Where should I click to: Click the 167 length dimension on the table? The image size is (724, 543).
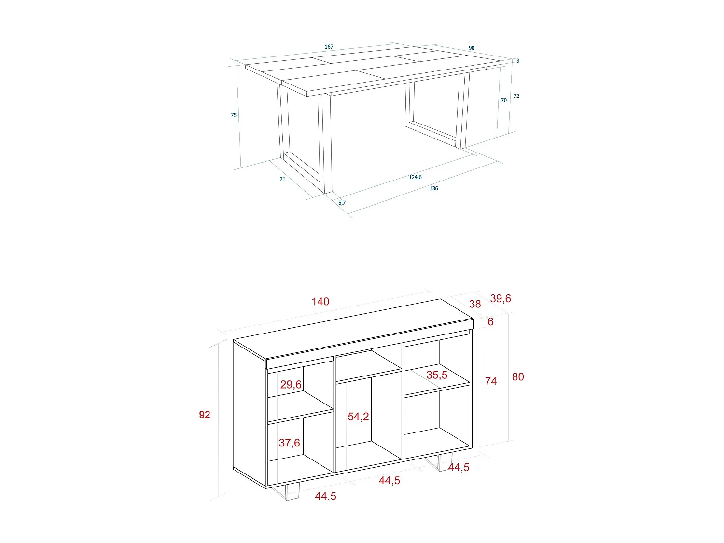coord(329,47)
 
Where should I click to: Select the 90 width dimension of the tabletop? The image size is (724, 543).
coord(472,48)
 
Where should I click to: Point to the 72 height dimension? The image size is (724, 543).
coord(516,96)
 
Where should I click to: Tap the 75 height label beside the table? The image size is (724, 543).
coord(234,115)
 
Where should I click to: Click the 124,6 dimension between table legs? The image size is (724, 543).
coord(415,177)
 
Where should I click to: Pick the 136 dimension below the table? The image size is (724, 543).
coord(433,188)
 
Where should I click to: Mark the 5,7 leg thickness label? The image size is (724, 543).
coord(342,203)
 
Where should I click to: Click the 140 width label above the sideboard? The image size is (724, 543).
coord(320,302)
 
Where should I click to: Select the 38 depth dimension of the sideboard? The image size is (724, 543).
coord(475,304)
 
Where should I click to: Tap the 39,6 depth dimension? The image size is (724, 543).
coord(501,298)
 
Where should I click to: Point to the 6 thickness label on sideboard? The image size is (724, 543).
coord(490,322)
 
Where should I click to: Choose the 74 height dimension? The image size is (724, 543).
coord(491,381)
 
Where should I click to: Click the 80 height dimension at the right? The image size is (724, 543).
coord(518,377)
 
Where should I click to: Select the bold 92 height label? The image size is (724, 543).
coord(205,415)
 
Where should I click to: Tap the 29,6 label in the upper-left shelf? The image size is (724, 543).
coord(291,385)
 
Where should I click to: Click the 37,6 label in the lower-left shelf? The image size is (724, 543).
coord(289,443)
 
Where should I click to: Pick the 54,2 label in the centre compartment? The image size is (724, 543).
coord(358,417)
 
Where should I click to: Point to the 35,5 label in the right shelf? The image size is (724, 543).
coord(437,375)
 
